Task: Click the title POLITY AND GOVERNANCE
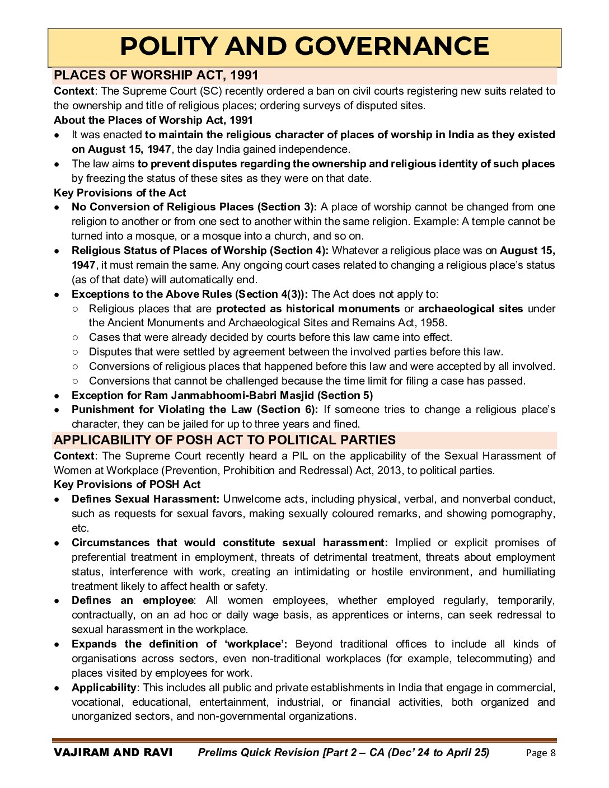coord(304,46)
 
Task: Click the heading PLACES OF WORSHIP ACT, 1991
coord(156,76)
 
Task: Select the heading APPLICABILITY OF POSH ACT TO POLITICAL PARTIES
coord(224,440)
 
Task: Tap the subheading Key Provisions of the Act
coord(120,193)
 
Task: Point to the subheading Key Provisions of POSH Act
coord(127,484)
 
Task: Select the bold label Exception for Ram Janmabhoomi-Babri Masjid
coord(193,395)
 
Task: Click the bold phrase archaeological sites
coord(470,309)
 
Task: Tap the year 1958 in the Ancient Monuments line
coord(435,323)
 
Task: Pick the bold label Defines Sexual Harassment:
coord(146,499)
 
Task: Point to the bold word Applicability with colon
coord(105,687)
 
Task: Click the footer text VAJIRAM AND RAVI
coord(113,752)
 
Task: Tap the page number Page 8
coord(541,753)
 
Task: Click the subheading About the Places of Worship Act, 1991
coord(153,120)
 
